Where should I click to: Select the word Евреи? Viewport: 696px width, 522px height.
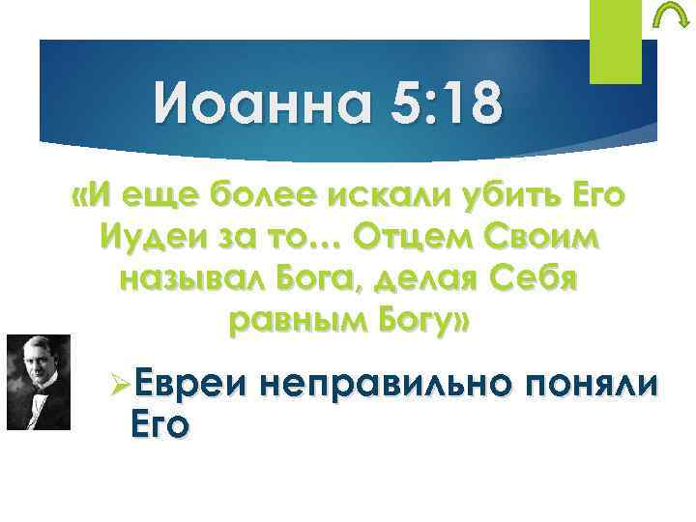pyautogui.click(x=188, y=383)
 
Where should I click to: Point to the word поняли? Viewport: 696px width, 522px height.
pyautogui.click(x=595, y=383)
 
